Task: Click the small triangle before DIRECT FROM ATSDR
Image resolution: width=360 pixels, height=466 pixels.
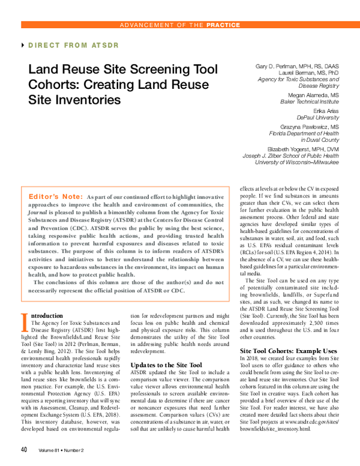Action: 23,46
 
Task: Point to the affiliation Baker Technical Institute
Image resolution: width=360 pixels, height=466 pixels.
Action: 307,101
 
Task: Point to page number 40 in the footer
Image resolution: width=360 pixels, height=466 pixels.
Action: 24,449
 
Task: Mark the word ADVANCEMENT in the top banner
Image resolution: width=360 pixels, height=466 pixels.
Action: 146,25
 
